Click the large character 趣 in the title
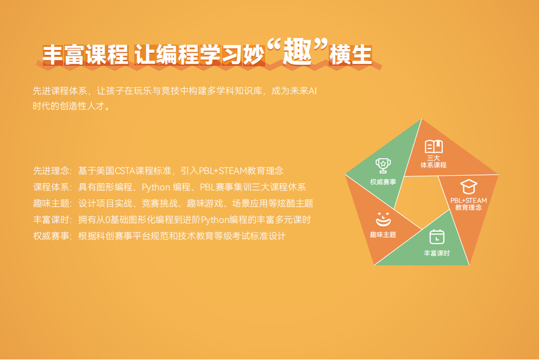298,52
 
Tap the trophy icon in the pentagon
383,165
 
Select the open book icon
434,146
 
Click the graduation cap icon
469,187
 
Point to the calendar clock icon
437,237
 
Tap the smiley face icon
383,219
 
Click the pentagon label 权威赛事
383,182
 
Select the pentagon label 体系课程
434,165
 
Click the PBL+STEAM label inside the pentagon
468,200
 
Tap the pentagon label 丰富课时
436,253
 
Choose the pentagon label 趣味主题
383,235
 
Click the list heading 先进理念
51,171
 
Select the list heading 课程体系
51,187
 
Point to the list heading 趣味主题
51,203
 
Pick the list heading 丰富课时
51,220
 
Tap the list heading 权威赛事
51,236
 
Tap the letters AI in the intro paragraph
312,91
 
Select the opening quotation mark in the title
274,46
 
